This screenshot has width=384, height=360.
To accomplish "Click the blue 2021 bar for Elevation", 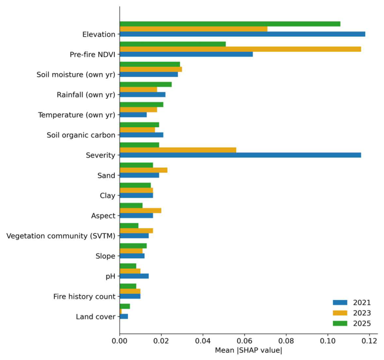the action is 243,34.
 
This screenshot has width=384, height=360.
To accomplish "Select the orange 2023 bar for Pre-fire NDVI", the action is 240,49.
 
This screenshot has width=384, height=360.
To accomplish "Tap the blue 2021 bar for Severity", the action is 240,155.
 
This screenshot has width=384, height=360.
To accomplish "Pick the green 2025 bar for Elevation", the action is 230,24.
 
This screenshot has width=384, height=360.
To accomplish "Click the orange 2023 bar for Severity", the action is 178,150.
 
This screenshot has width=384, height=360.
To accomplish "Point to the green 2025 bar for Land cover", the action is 125,306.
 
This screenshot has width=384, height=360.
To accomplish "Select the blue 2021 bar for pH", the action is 134,276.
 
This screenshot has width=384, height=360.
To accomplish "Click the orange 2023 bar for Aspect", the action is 140,210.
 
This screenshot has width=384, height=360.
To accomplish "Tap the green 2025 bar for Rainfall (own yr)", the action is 146,84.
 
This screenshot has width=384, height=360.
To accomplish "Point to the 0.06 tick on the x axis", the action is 245,335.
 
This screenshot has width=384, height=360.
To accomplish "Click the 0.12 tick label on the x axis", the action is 369,341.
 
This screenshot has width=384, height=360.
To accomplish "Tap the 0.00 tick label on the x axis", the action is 120,341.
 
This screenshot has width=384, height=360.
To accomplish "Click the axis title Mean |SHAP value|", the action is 248,350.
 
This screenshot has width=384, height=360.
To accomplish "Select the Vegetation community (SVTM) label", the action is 61,236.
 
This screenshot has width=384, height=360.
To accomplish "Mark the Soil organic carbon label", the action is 81,135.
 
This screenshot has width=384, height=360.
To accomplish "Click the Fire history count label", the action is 84,296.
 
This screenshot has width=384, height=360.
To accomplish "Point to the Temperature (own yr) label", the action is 77,115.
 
